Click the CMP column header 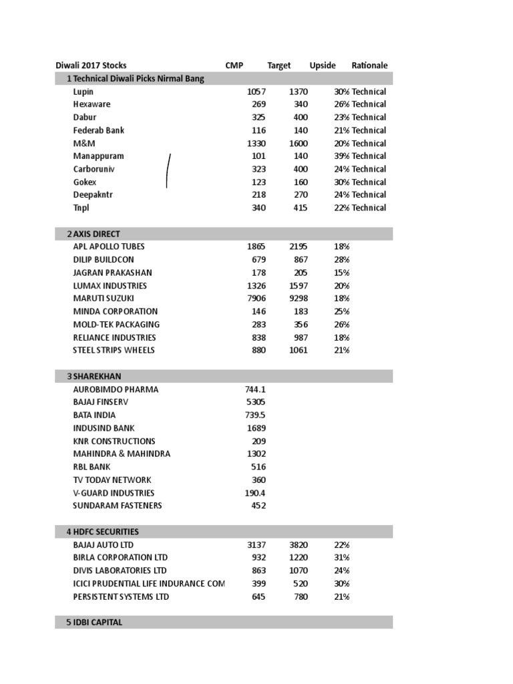234,65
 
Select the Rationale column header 369,65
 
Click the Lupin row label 83,92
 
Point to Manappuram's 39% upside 341,156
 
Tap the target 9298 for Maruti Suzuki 298,299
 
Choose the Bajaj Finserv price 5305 256,402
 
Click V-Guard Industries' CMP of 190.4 255,493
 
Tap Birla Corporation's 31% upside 342,557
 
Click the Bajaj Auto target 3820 298,544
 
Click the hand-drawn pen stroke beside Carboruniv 168,170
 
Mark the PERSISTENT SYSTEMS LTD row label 121,596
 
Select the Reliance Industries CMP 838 258,337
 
